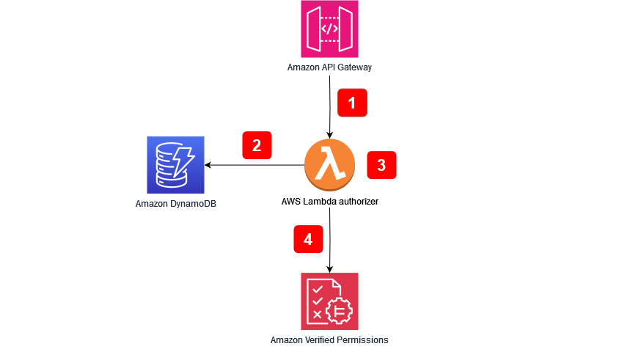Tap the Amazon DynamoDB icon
[175, 165]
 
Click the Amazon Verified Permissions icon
[329, 301]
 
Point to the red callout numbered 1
[351, 103]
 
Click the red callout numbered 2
[257, 145]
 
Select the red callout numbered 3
[381, 165]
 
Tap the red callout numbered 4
[308, 239]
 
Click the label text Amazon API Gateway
[329, 67]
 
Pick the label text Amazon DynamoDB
[176, 203]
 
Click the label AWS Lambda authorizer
[329, 200]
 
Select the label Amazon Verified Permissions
[329, 339]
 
